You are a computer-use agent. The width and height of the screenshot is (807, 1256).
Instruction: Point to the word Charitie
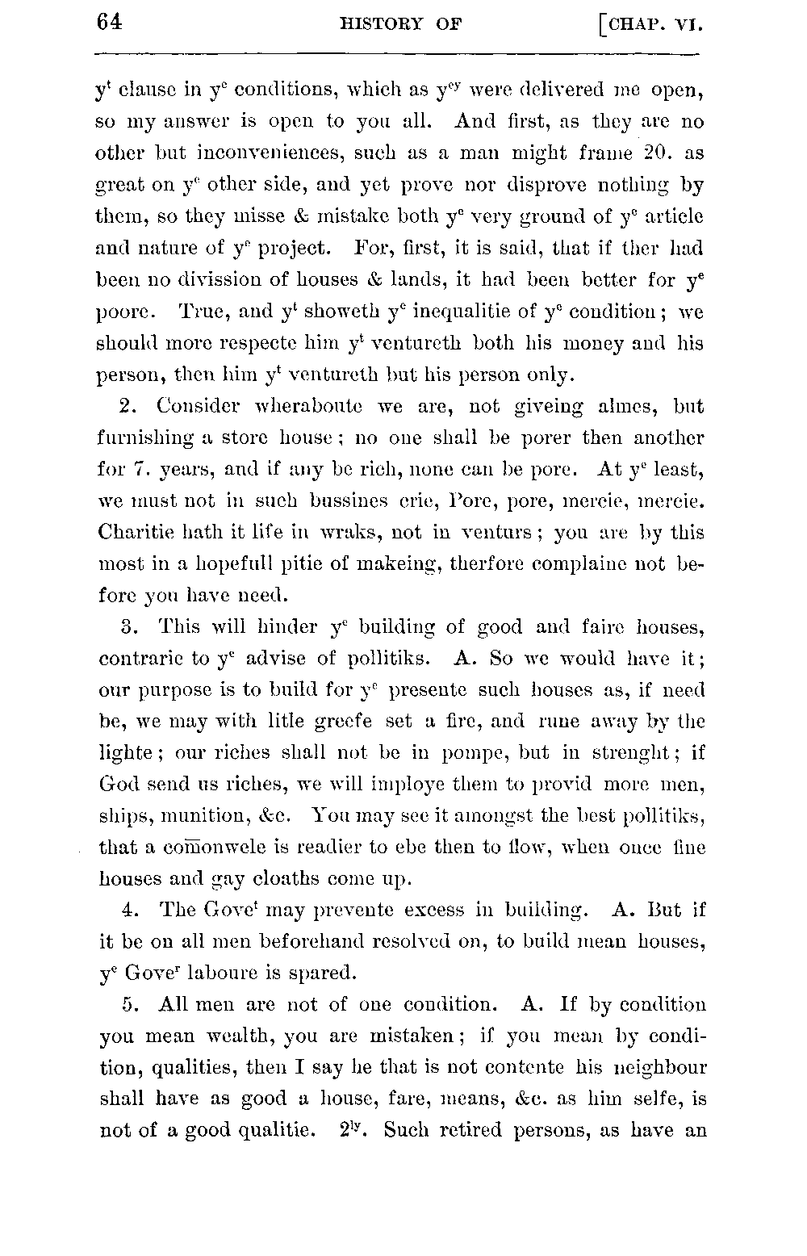point(139,533)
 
